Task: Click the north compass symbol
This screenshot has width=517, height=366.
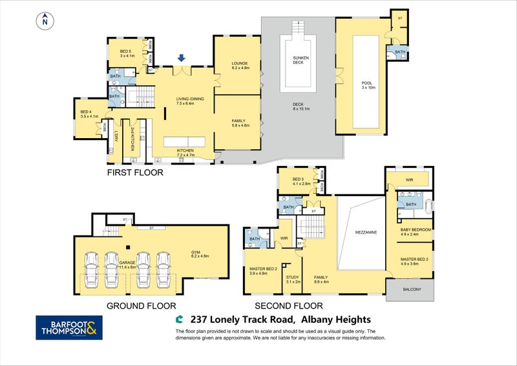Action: (45, 21)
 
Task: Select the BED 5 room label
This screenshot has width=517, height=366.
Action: (126, 53)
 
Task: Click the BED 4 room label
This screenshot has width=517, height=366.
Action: (87, 114)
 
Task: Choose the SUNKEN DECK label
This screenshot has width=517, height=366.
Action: (298, 59)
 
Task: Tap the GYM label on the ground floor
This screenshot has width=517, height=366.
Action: (196, 254)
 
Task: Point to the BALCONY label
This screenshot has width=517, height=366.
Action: (410, 289)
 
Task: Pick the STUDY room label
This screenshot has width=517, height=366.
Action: (293, 280)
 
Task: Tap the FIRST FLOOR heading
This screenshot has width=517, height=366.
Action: (136, 173)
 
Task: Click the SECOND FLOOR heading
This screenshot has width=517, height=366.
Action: (288, 306)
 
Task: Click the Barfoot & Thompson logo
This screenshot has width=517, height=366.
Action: (68, 327)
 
